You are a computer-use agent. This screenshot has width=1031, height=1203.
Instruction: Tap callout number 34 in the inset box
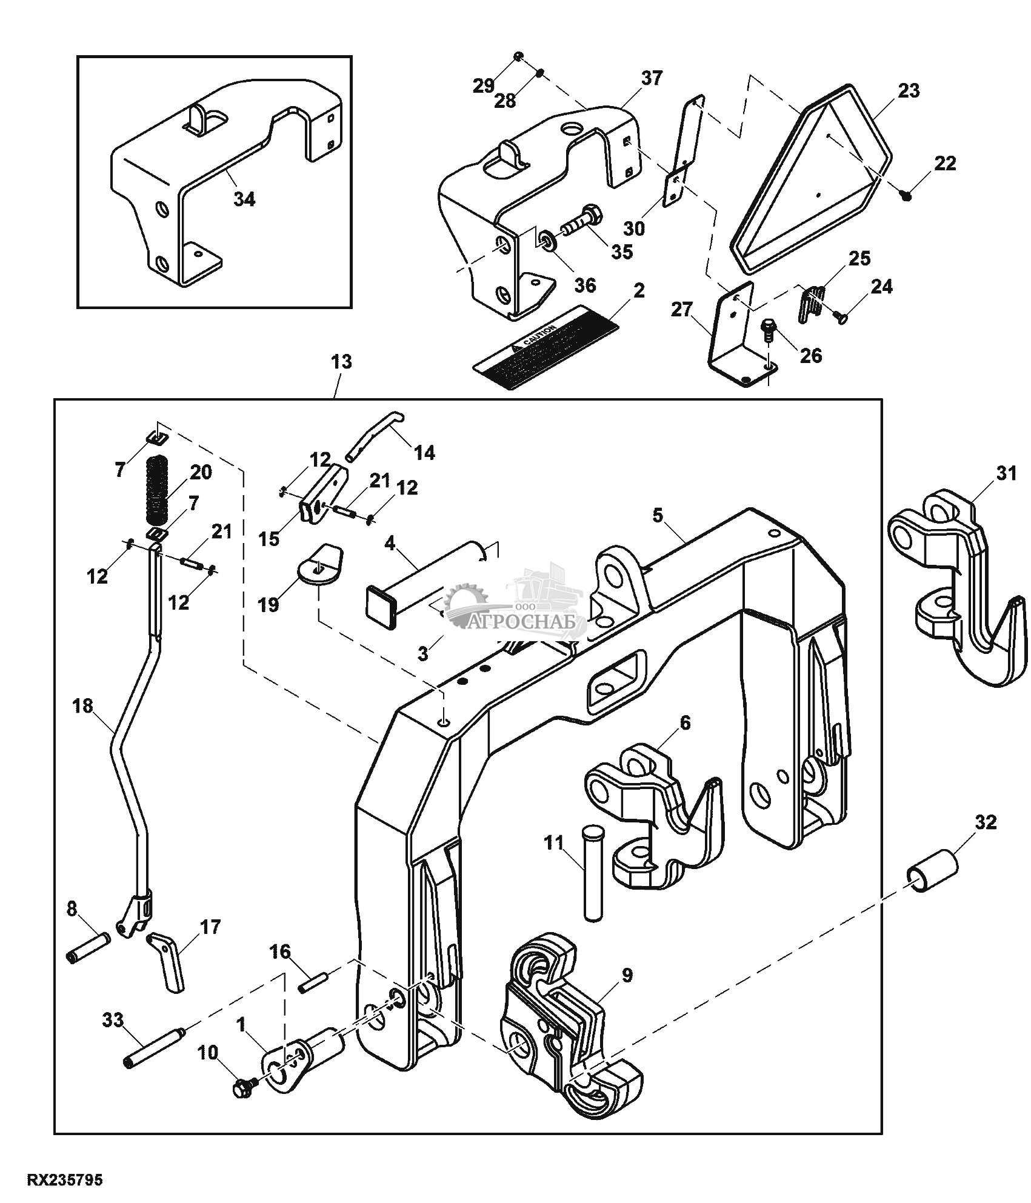(x=245, y=199)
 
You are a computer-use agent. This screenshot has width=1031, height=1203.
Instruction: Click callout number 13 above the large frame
(x=341, y=362)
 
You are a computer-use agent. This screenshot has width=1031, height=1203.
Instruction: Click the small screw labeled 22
(x=907, y=195)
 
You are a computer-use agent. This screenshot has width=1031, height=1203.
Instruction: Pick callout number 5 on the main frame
(x=658, y=516)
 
